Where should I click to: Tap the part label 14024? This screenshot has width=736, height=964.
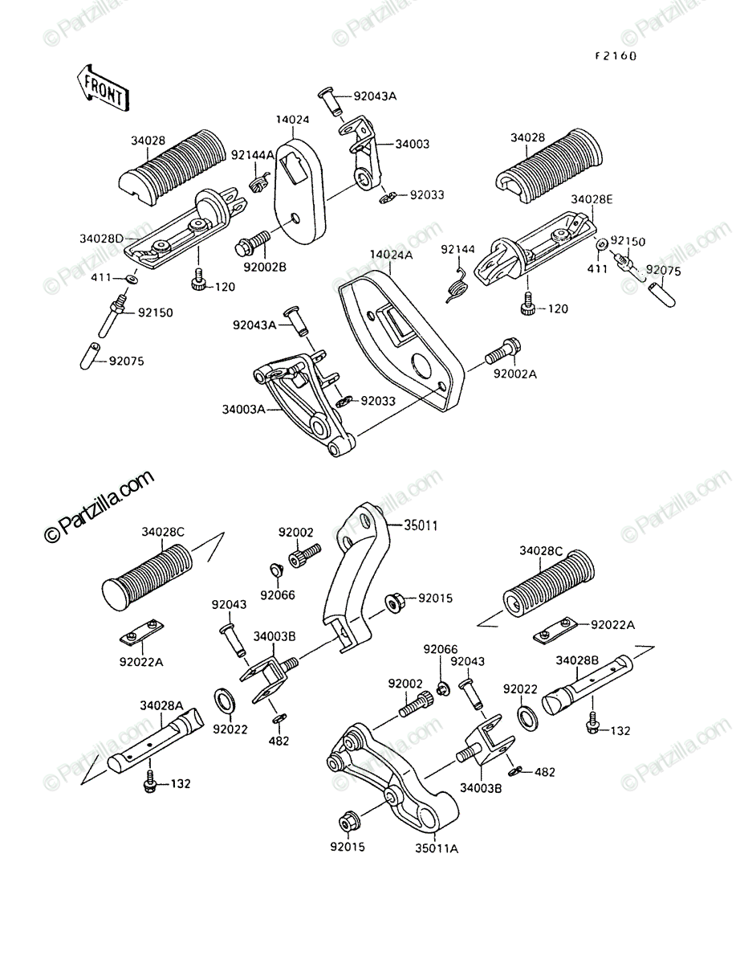(x=293, y=120)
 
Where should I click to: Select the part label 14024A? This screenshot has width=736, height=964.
(x=391, y=255)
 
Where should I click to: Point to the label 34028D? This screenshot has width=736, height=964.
(x=102, y=239)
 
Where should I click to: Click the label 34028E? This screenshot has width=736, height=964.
(x=592, y=199)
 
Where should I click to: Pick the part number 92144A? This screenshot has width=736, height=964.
(x=253, y=154)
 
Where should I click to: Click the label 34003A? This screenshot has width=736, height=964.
(x=244, y=410)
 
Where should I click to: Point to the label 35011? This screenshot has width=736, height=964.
(x=421, y=525)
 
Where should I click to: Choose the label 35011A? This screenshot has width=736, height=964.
(x=437, y=848)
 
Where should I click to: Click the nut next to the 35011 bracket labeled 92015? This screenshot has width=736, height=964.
(x=395, y=602)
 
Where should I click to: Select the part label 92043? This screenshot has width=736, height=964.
(x=229, y=605)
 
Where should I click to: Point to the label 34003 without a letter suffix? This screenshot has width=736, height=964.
(x=413, y=144)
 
